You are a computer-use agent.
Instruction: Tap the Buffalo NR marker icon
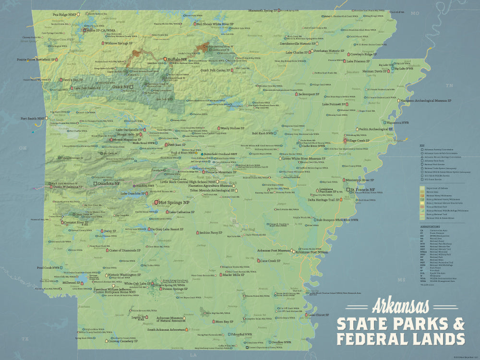166,59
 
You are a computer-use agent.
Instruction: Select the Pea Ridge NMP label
64,15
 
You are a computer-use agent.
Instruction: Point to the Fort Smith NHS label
33,119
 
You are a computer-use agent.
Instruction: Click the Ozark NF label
121,87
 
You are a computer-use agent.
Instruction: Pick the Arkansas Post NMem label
312,252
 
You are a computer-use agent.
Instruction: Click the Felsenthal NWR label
241,334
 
